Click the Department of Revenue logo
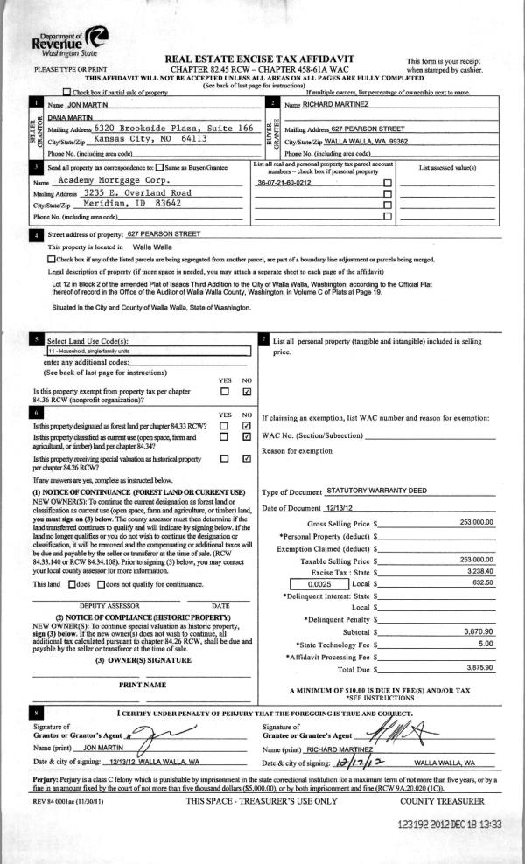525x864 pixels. pyautogui.click(x=69, y=40)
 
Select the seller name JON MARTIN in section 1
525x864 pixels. pyautogui.click(x=68, y=105)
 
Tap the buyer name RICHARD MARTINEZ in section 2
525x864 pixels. pyautogui.click(x=335, y=105)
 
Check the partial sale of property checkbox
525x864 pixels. pyautogui.click(x=67, y=92)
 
